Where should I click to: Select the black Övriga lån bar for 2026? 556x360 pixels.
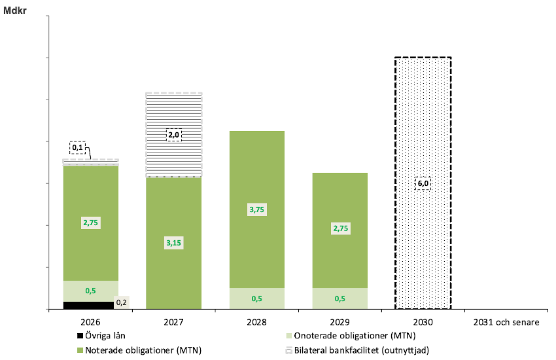(x=88, y=305)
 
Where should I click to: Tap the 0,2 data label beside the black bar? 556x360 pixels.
(x=122, y=302)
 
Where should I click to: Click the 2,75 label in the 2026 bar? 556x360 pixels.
(x=91, y=223)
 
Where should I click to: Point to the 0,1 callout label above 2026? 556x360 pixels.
(x=78, y=147)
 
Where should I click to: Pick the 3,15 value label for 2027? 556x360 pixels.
(x=173, y=243)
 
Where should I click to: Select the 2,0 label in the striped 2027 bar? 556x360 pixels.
(x=173, y=135)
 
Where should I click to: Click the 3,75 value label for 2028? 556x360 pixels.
(x=256, y=209)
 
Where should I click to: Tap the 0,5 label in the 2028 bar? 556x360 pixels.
(x=256, y=298)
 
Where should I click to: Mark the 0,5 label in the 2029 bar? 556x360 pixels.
(x=339, y=298)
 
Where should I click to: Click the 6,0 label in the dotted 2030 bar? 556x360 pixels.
(x=423, y=183)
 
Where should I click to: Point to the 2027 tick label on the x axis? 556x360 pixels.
(x=173, y=322)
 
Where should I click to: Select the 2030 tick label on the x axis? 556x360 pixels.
(x=423, y=322)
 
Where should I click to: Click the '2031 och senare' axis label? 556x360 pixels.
(x=506, y=322)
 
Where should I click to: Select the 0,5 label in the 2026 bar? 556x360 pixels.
(x=91, y=291)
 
